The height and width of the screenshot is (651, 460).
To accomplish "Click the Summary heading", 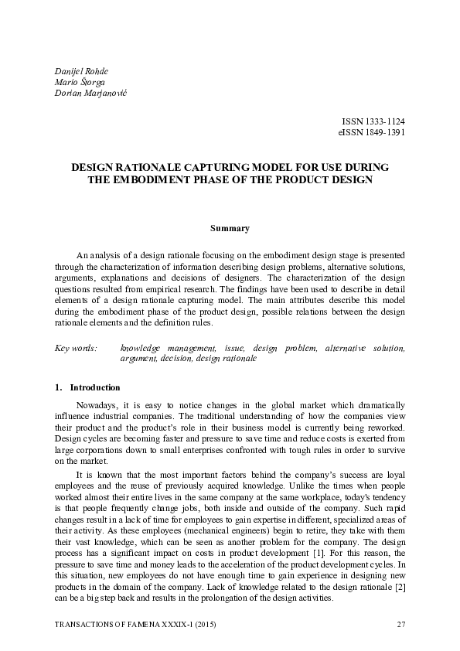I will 230,228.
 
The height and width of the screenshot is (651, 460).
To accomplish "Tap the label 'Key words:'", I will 76,349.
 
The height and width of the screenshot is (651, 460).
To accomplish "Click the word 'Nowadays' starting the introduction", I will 95,405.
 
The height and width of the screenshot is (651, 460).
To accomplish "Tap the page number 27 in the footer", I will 400,624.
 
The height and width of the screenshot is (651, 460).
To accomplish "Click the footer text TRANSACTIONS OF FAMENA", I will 104,624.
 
